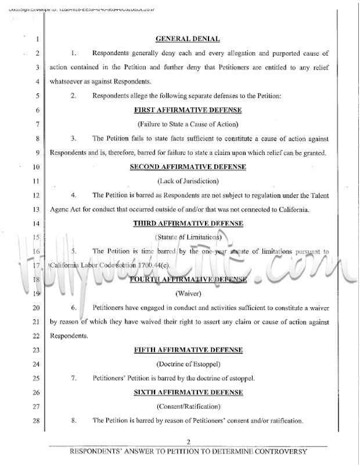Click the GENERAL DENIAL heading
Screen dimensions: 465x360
(188, 39)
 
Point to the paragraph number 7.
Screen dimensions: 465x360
(74, 379)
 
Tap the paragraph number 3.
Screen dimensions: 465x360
(74, 139)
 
